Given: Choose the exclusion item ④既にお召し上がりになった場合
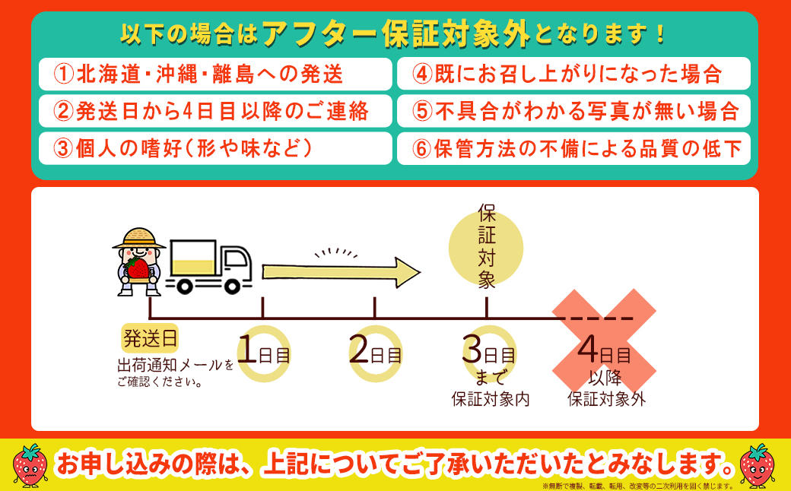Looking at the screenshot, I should click(x=573, y=74).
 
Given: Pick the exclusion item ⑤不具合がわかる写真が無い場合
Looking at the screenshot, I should click(x=573, y=111).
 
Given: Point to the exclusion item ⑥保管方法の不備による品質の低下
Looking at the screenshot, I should click(x=573, y=148).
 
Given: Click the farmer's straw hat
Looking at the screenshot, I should click(x=138, y=239).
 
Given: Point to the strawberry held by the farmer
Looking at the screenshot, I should click(x=138, y=268).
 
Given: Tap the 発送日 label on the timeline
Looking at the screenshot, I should click(x=151, y=337).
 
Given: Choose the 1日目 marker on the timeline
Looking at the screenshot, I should click(x=263, y=353).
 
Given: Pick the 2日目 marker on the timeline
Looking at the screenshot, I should click(x=375, y=353).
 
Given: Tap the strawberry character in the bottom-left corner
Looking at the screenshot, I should click(x=31, y=464).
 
